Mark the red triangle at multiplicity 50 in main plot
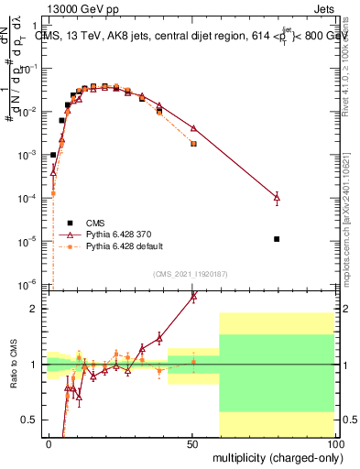point(193,127)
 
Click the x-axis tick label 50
point(192,444)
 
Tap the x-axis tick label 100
point(334,444)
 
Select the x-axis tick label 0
point(49,444)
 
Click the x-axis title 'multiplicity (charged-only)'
point(274,457)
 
